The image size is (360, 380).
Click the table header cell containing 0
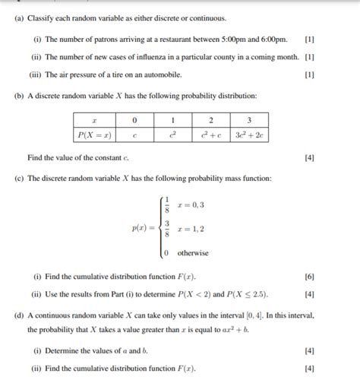134,120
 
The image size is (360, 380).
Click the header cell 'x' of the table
94,120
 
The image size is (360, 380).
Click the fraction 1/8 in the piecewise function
167,204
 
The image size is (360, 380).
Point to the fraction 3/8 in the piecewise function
167,228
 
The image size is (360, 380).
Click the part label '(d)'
18,314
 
